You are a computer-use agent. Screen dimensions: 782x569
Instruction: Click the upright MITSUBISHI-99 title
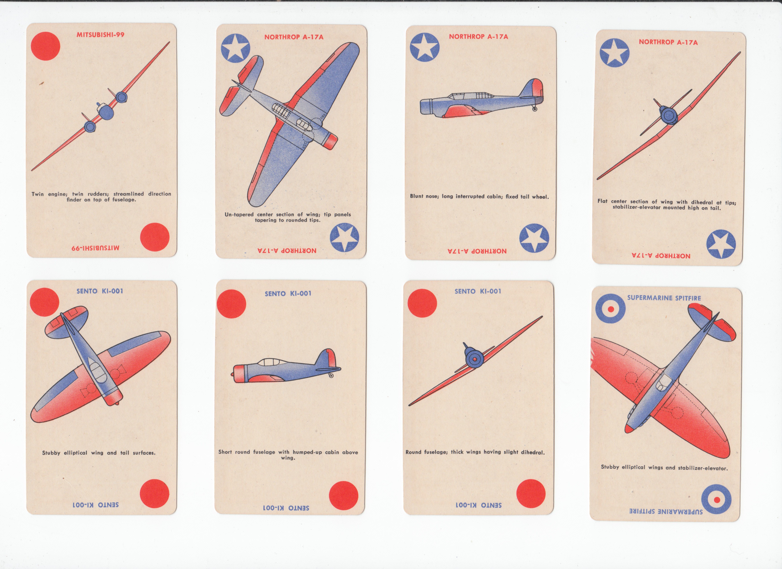coord(100,35)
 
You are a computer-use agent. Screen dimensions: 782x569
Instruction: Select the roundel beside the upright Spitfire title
coord(611,309)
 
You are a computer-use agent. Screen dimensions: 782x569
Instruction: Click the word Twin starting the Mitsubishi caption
coord(38,194)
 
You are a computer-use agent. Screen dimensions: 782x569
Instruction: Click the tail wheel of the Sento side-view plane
coord(331,375)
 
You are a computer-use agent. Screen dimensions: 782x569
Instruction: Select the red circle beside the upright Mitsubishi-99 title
coord(45,46)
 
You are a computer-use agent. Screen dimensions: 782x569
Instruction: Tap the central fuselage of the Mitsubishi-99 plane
coord(106,111)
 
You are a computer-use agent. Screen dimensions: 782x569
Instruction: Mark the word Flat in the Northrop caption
coord(603,201)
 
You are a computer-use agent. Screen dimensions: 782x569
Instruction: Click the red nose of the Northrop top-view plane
coord(331,141)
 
